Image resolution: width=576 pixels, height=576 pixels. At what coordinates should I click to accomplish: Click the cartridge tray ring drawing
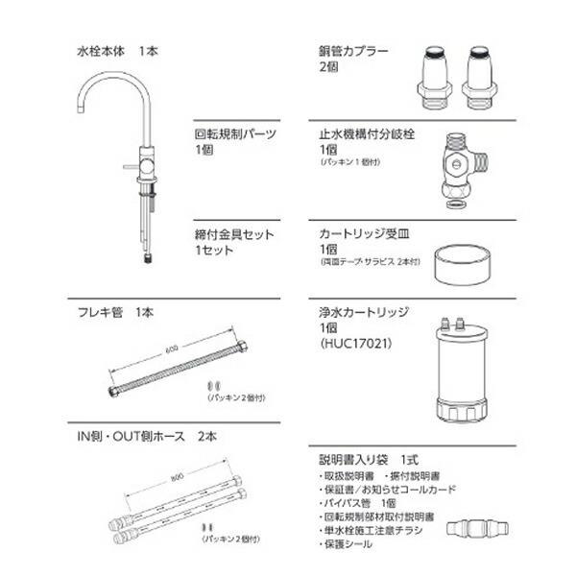coord(459,264)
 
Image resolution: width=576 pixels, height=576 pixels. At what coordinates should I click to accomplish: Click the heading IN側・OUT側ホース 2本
coord(146,436)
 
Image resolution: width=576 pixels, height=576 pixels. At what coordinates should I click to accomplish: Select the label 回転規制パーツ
coord(235,135)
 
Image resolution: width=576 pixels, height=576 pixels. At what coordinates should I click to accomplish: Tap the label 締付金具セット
coord(234,233)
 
